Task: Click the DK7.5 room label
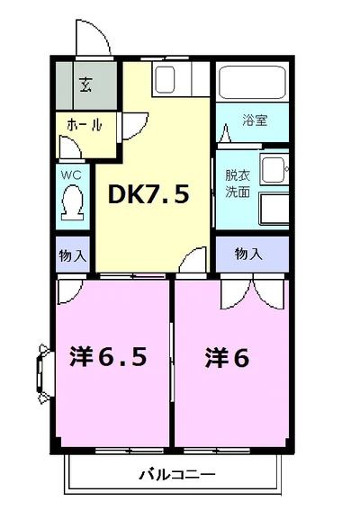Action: point(149,193)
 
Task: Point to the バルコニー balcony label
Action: point(177,474)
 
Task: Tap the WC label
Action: point(71,174)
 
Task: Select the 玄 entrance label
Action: point(85,86)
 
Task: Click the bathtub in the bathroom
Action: point(252,84)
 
